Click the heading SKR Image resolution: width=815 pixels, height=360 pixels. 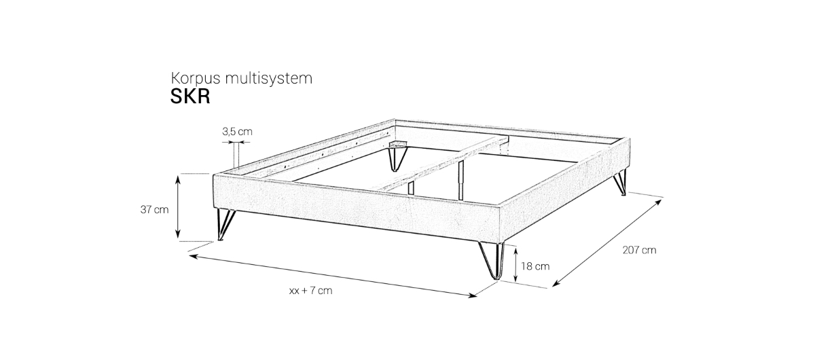tap(190, 96)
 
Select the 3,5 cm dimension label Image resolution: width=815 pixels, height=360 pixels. tap(237, 131)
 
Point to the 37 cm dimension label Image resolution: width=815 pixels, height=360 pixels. tap(155, 210)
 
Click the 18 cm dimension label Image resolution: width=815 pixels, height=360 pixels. tap(535, 266)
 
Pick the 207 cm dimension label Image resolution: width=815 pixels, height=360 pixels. tap(639, 250)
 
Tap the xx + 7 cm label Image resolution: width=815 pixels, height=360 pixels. tap(311, 291)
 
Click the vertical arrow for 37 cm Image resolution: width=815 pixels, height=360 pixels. tap(178, 206)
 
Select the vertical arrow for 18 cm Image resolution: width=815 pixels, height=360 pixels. tap(515, 264)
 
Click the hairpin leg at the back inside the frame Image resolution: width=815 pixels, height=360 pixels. tap(396, 158)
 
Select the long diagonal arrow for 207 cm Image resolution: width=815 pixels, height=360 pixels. tap(607, 243)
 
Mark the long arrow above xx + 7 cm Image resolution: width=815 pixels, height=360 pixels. tap(333, 276)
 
